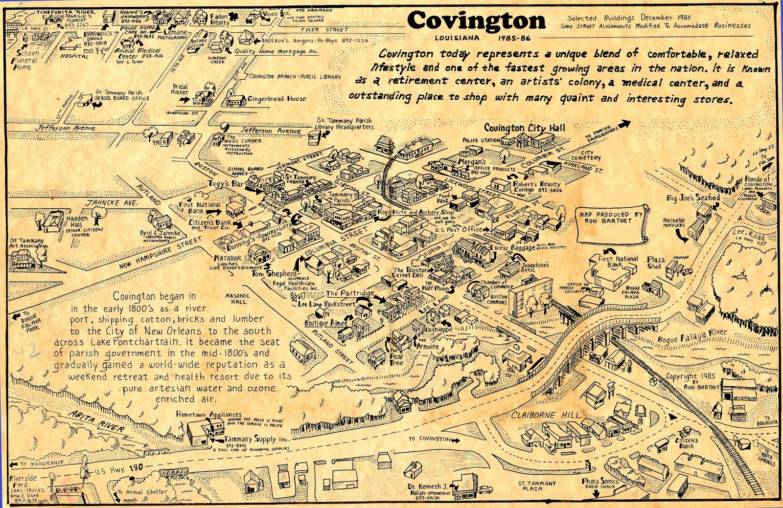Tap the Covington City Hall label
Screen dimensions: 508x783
[x=524, y=128]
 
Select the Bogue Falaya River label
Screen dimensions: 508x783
[x=692, y=336]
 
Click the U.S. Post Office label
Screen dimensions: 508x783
[x=459, y=229]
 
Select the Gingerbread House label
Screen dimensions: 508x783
[x=276, y=99]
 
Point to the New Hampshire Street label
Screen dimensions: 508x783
[x=160, y=253]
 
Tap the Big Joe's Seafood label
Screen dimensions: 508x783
[x=693, y=198]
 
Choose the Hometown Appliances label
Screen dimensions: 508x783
[x=209, y=415]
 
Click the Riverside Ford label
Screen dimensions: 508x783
[x=23, y=481]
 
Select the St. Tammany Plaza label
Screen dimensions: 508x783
[x=537, y=486]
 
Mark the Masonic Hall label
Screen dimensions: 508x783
[x=237, y=298]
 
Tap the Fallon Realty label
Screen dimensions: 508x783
[x=219, y=20]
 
